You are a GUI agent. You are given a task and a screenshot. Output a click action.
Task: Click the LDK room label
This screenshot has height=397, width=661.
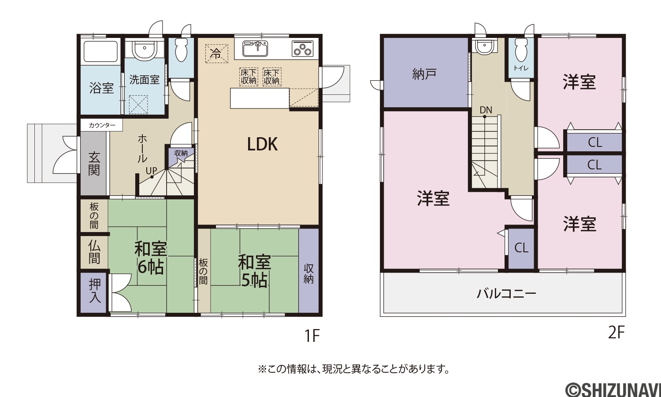point(262,144)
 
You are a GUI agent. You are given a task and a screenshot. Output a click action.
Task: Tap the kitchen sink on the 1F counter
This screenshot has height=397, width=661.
point(256,49)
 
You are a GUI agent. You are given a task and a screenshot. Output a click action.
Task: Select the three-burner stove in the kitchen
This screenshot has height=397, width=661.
point(302,49)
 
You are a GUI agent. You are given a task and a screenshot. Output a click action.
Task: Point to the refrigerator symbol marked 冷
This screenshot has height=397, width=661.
point(217,53)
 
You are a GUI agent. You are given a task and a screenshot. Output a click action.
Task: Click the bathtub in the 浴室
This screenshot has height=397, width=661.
point(100,51)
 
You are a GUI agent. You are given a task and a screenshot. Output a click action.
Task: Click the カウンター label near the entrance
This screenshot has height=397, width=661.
point(102,125)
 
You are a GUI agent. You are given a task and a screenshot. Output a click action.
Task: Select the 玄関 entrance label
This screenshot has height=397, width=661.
point(94,164)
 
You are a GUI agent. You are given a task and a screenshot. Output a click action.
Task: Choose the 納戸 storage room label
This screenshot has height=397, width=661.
point(424,74)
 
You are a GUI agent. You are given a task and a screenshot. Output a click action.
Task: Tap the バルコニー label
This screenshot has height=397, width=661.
point(506,294)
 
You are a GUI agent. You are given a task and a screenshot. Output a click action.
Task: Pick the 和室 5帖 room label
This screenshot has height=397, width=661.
point(254,271)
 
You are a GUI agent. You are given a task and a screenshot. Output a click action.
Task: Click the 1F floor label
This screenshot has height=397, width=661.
point(312,335)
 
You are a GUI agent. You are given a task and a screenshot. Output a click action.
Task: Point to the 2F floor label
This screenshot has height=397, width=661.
point(616,333)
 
